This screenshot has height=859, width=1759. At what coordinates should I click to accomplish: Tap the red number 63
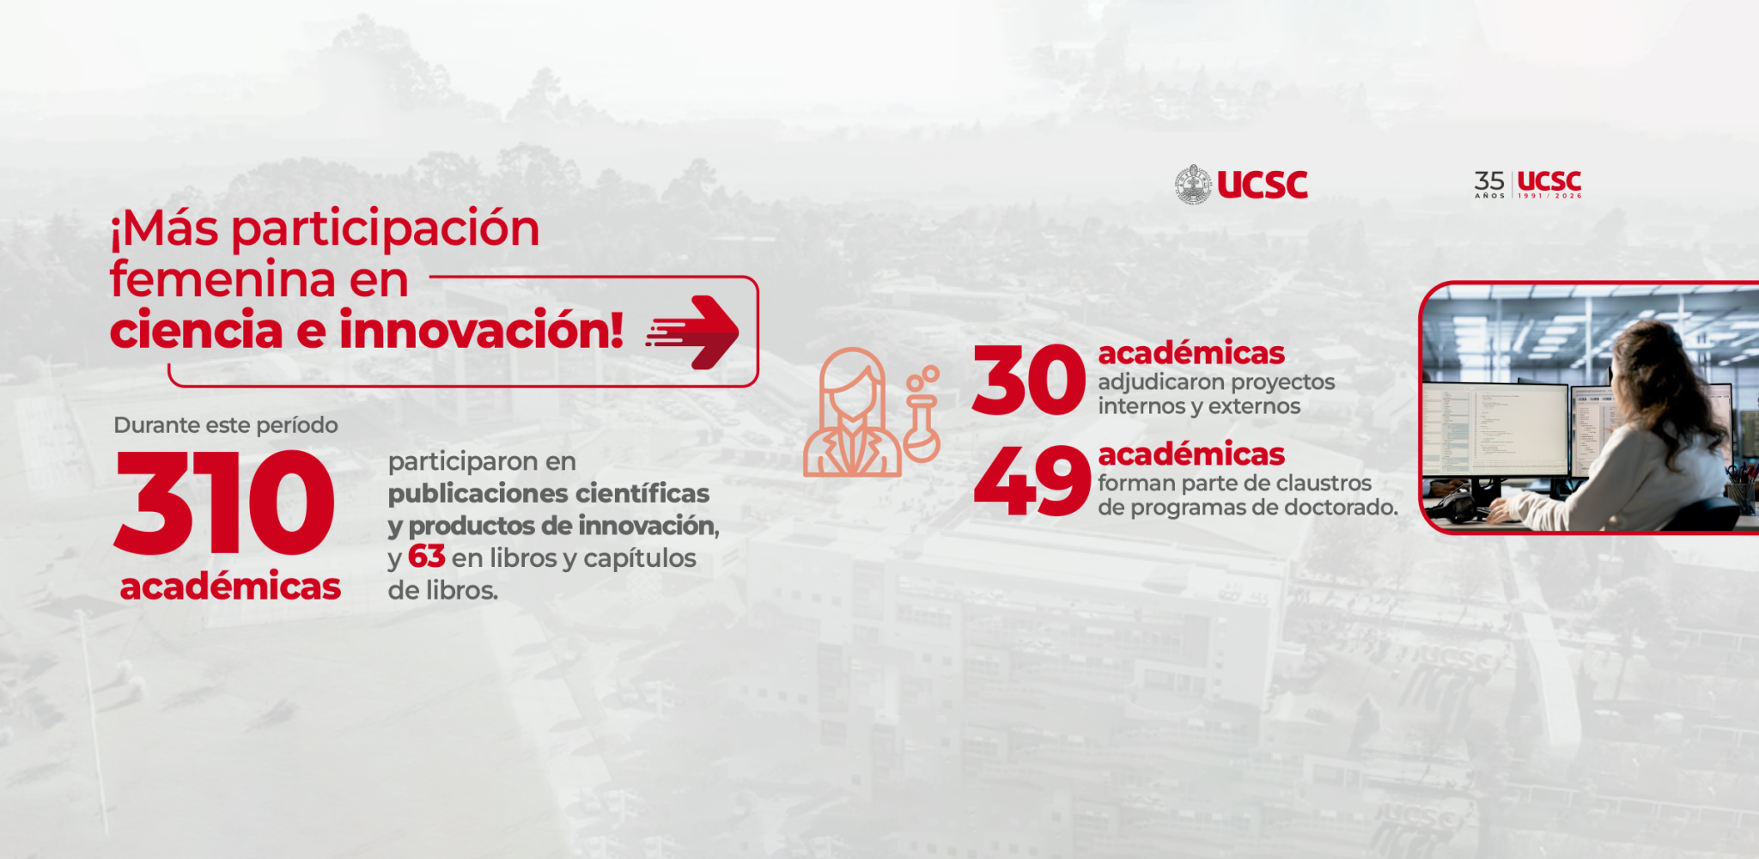coord(426,557)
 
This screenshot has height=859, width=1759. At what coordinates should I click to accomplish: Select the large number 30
coord(1029,380)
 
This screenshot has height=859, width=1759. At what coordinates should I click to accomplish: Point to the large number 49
coord(1032,481)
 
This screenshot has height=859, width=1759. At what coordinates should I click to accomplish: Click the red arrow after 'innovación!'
coord(692,332)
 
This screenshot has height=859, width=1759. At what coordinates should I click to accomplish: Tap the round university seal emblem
coord(1193,185)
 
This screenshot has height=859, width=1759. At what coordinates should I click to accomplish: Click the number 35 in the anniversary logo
coord(1489,180)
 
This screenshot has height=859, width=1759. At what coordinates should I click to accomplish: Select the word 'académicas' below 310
coord(230,587)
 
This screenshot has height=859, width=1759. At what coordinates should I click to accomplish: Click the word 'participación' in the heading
coord(386,230)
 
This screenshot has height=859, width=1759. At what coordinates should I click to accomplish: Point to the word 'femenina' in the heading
coord(222,280)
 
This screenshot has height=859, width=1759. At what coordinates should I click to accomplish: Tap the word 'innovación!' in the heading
coord(482,331)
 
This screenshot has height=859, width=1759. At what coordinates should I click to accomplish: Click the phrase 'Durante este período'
coord(226,425)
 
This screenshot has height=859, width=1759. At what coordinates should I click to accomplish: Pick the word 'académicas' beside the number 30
coord(1191,353)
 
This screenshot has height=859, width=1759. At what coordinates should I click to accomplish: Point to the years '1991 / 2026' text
coord(1549,196)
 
